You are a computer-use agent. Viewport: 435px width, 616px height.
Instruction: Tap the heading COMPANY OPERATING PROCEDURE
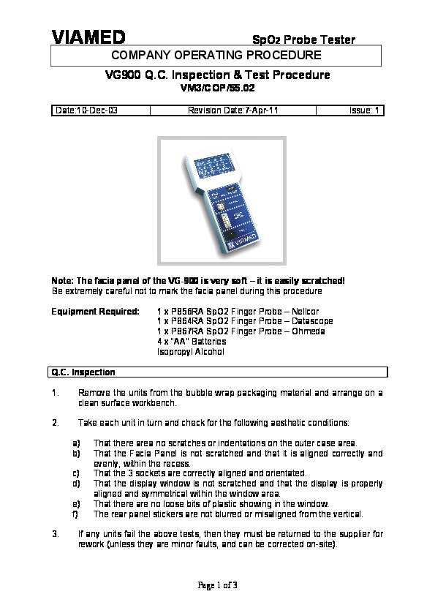coord(216,55)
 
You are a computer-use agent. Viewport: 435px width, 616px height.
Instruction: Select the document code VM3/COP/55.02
coord(218,88)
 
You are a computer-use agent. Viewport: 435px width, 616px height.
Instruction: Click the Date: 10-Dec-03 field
coord(86,110)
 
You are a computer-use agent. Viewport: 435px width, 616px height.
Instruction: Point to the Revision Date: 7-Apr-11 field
coord(232,110)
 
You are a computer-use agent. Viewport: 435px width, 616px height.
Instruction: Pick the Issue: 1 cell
coord(364,110)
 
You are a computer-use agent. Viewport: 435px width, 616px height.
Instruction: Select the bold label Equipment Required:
coord(95,312)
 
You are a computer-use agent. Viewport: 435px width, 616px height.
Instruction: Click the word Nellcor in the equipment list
coord(306,312)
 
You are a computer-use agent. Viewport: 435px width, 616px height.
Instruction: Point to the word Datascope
coord(312,321)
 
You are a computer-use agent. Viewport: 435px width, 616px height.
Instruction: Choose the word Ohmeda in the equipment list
coord(309,331)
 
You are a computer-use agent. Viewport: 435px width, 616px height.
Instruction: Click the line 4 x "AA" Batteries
coord(192,342)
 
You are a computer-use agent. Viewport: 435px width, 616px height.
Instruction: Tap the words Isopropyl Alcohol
coord(191,352)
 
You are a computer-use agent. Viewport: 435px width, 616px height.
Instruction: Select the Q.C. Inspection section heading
coord(83,372)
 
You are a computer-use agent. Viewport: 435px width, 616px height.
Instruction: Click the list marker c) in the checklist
coord(76,473)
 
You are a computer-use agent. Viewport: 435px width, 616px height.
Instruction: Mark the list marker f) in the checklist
coord(75,514)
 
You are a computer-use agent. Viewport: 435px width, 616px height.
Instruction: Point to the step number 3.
coord(56,534)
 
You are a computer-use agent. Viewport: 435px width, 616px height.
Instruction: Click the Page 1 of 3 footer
coord(218,585)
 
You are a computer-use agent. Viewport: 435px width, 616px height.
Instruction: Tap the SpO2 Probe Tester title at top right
coord(303,40)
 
